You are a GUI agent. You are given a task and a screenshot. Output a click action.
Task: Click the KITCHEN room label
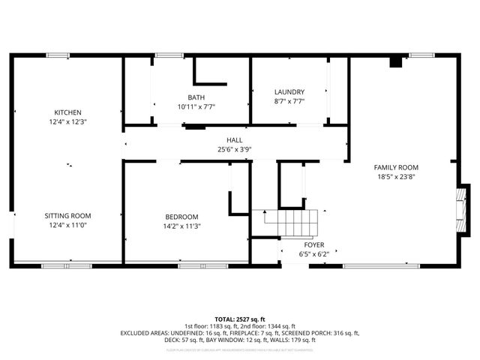[67, 112]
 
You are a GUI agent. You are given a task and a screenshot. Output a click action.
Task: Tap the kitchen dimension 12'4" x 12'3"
[67, 121]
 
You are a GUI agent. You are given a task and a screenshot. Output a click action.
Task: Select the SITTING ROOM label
[67, 216]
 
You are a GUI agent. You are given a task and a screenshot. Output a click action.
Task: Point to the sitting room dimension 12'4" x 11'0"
[67, 225]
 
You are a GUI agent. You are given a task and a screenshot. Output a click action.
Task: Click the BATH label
[196, 97]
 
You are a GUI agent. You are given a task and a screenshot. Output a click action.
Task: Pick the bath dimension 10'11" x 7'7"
[196, 106]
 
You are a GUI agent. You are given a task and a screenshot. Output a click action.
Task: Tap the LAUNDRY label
[289, 92]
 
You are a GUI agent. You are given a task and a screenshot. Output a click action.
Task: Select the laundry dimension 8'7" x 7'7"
[289, 101]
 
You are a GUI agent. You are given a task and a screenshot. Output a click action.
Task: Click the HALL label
[235, 140]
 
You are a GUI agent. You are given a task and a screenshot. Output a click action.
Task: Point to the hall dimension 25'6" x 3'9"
[235, 149]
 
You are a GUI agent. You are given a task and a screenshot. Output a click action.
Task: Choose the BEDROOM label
[181, 217]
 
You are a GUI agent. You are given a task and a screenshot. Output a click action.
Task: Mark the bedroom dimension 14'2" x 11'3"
[181, 226]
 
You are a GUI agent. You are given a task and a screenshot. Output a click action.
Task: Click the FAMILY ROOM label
[397, 167]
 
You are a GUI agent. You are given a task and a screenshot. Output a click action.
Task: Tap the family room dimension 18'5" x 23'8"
[397, 177]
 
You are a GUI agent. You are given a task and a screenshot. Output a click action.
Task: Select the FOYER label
[314, 244]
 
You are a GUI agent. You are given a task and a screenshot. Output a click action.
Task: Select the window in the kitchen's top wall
[58, 55]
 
